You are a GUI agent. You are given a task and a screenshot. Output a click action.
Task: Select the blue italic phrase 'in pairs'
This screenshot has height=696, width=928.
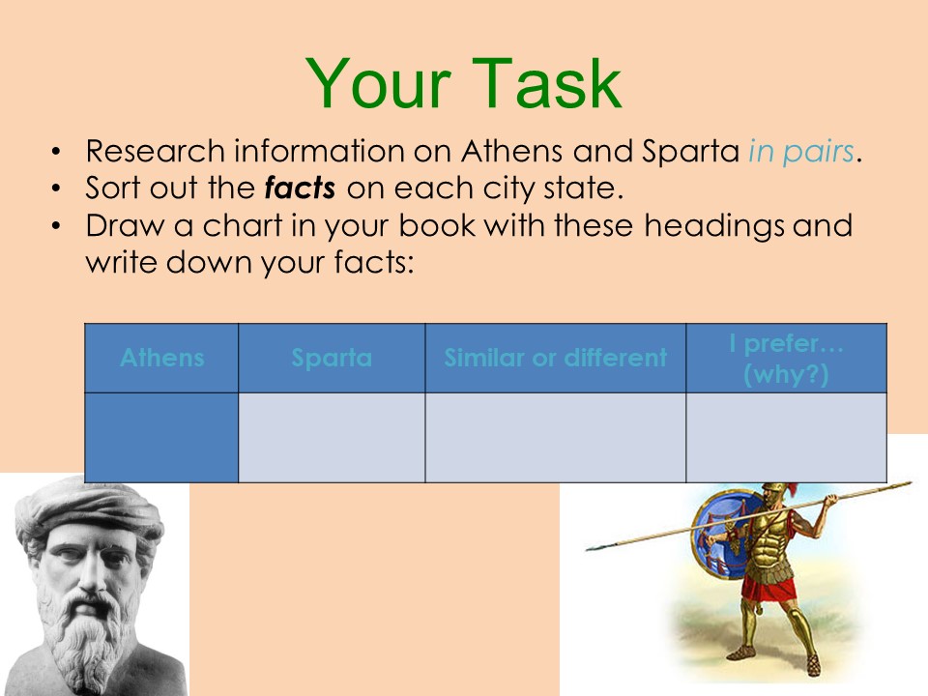click(801, 152)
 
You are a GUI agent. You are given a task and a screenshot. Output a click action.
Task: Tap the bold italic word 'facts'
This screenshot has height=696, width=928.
click(300, 188)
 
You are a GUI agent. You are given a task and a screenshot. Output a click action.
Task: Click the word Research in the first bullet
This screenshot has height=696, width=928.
click(155, 151)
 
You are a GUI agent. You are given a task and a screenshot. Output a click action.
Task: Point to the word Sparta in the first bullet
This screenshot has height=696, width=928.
click(690, 152)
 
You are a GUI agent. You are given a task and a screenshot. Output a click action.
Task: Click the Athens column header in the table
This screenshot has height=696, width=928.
click(161, 358)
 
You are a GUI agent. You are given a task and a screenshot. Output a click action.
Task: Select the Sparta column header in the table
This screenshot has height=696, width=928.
click(332, 358)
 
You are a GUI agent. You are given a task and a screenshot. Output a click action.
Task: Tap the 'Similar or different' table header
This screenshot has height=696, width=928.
click(555, 358)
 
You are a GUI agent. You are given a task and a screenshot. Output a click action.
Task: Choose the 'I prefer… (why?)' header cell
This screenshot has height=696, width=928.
click(786, 358)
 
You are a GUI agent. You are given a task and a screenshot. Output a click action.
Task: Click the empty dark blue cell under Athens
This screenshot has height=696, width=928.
click(161, 437)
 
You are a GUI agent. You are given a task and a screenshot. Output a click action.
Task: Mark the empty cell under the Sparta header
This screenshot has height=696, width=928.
click(332, 437)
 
